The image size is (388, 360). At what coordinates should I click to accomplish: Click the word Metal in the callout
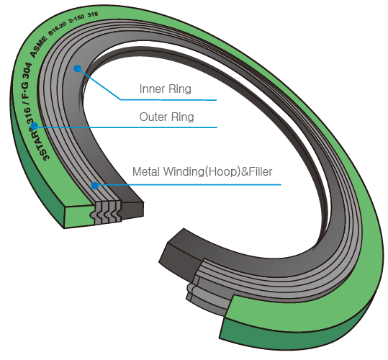[x=146, y=171]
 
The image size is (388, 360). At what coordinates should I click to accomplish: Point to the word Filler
[x=261, y=171]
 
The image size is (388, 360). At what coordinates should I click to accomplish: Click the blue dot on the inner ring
[x=78, y=68]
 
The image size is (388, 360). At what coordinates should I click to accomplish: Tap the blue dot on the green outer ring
[x=35, y=126]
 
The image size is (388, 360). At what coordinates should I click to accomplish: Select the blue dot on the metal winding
[x=95, y=186]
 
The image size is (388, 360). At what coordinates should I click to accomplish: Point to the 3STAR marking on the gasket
[x=40, y=144]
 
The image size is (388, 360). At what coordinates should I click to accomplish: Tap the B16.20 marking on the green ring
[x=58, y=28]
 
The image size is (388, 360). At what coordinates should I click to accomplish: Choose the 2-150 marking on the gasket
[x=77, y=18]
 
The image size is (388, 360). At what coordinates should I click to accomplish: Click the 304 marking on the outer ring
[x=27, y=71]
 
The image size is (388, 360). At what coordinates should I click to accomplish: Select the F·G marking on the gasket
[x=26, y=89]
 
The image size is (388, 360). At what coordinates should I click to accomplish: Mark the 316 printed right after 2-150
[x=93, y=14]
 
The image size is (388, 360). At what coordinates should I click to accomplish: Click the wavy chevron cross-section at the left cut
[x=106, y=212]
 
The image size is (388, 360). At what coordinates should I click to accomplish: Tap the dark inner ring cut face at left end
[x=133, y=210]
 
